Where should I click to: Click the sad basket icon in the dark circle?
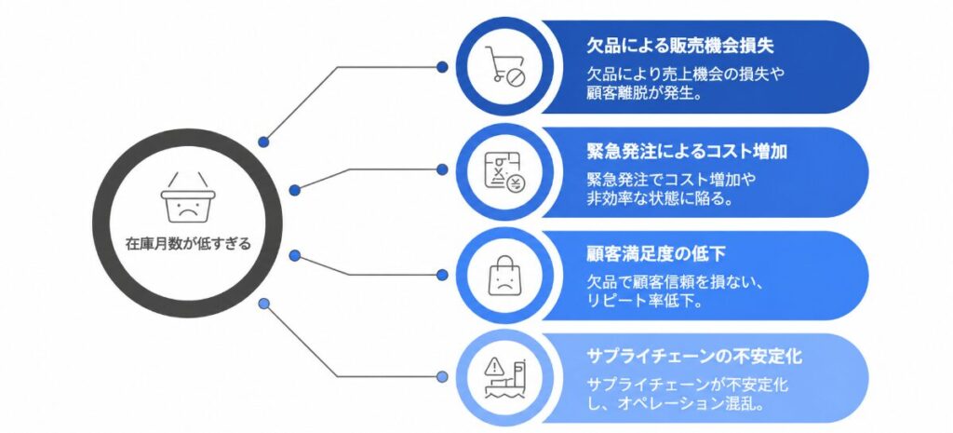188,197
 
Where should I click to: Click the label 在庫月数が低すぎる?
188,245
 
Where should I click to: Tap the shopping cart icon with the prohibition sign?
503,66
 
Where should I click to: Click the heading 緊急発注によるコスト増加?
687,150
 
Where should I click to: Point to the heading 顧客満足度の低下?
656,253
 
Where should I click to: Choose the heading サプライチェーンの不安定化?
694,356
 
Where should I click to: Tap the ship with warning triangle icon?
503,377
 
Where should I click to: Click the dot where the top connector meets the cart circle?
442,66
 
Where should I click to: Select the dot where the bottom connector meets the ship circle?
442,376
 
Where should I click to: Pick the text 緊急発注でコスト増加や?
672,180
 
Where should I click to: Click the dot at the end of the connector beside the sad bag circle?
442,275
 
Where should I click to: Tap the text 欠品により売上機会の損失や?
687,75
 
